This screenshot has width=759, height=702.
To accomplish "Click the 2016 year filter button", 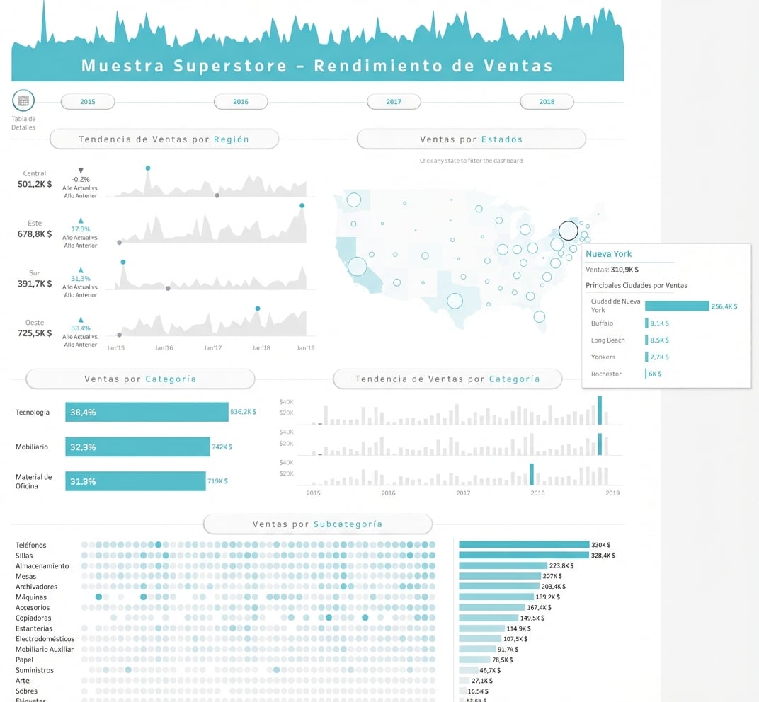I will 241,102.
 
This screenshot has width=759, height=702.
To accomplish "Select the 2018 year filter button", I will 547,102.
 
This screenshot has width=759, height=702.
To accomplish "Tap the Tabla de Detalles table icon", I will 23,100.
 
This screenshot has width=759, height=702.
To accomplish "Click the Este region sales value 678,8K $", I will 35,234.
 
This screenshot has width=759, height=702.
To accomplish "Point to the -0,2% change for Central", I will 81,180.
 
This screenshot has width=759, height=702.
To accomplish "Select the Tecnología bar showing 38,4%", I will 147,412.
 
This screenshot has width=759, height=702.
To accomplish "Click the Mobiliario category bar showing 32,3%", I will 137,447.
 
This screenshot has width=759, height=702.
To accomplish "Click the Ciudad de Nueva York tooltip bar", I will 676,306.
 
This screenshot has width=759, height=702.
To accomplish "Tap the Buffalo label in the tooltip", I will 602,323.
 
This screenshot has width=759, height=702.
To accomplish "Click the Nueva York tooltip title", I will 608,254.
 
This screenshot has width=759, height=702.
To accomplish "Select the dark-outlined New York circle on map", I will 568,231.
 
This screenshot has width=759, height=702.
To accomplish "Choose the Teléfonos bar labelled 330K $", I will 524,545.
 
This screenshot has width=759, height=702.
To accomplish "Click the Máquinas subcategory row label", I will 31,597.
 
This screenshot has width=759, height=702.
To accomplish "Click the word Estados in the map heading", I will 501,139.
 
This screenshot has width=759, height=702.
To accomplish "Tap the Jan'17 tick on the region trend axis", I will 212,348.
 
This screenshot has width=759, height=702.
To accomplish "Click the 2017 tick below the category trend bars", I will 463,493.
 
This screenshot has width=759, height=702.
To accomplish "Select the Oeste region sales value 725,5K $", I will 35,333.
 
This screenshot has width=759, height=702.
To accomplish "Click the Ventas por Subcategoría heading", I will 317,524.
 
